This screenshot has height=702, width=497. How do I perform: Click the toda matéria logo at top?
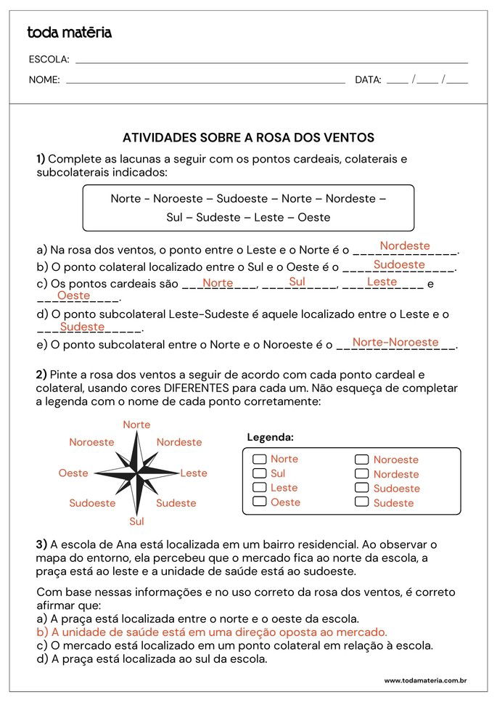coord(69,33)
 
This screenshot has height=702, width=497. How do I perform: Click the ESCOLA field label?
coord(49,60)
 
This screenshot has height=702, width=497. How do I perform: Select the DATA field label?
coord(368,80)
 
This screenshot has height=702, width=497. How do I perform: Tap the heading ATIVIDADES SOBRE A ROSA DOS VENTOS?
coord(248,137)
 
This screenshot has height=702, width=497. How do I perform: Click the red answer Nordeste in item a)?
coord(405,246)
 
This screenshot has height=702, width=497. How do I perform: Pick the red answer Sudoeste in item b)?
coord(399,265)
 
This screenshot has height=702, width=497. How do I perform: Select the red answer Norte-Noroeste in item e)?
coord(395,342)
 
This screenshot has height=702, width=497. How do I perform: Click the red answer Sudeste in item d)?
coord(83,327)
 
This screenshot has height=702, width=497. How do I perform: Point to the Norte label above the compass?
coord(136,425)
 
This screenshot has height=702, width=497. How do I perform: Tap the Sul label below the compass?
coord(136,521)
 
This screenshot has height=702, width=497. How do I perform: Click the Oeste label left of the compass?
coord(73,473)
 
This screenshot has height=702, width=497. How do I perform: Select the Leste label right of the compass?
coord(194,473)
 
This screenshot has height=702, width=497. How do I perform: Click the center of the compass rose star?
coord(136,473)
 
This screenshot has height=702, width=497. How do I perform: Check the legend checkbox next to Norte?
coord(259,459)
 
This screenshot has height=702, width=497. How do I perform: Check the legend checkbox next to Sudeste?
coord(361,502)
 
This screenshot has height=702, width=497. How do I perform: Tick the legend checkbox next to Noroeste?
coord(361,459)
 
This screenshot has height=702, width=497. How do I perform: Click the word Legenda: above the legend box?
coord(271,437)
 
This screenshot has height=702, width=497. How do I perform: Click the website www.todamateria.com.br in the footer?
coord(424,680)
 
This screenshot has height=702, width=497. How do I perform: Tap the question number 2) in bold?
coord(41,375)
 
